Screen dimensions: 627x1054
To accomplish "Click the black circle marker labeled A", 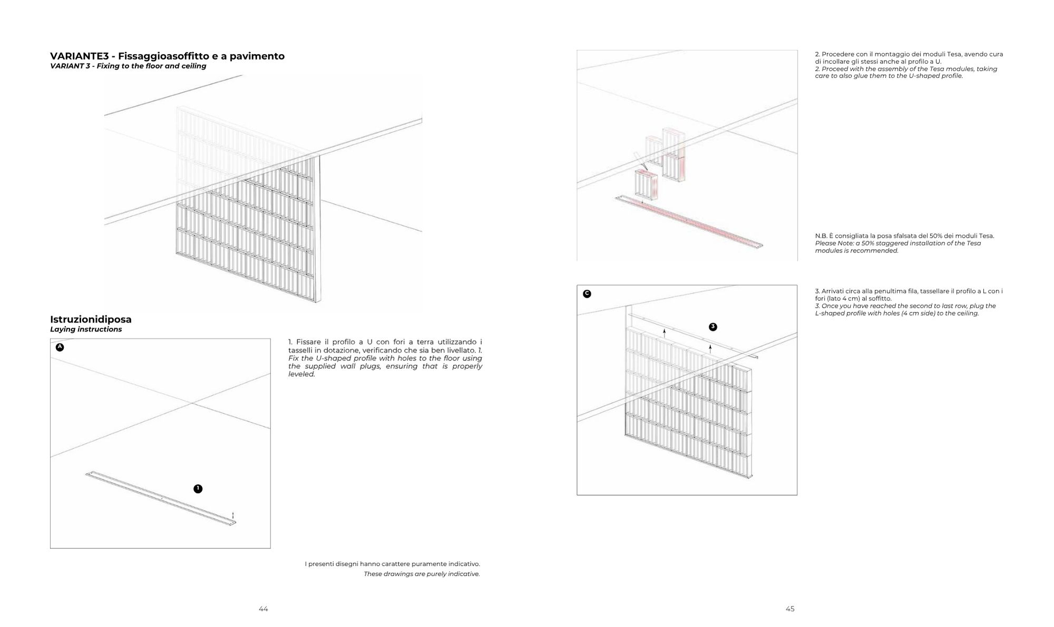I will [x=60, y=347].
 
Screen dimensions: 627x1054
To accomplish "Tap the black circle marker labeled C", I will [x=587, y=294].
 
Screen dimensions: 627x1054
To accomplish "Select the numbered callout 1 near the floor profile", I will [x=198, y=489].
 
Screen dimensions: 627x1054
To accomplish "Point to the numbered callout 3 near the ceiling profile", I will [x=713, y=327].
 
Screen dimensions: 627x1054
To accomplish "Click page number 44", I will [x=263, y=609].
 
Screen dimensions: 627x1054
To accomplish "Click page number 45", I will [x=790, y=609].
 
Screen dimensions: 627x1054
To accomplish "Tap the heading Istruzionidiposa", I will [x=91, y=319].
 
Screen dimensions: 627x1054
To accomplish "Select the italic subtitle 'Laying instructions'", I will [x=86, y=329].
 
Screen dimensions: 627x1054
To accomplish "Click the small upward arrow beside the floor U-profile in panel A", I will [x=233, y=515].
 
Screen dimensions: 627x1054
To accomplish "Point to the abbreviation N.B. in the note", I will [x=821, y=236].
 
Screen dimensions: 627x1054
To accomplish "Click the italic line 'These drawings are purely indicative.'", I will [x=422, y=574].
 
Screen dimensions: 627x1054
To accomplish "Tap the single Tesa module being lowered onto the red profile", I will [x=647, y=185].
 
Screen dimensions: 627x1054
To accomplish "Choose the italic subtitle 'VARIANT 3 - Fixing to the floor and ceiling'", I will [x=128, y=66].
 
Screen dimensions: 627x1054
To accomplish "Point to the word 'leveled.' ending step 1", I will [x=301, y=375].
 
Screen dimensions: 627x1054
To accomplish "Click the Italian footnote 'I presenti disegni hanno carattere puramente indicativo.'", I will [x=392, y=564].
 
